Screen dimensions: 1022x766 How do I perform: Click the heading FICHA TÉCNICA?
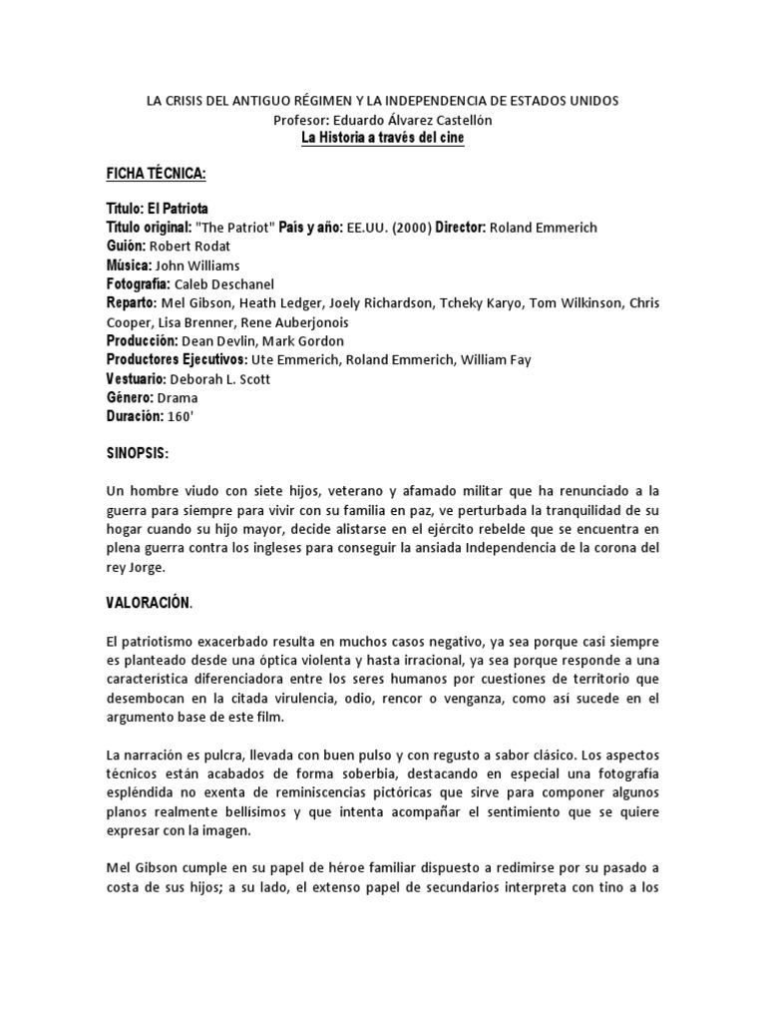[156, 175]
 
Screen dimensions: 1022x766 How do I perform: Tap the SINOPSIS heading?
[138, 454]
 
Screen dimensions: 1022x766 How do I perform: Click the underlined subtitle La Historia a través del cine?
[383, 138]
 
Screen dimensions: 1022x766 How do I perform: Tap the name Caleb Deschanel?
[225, 284]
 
